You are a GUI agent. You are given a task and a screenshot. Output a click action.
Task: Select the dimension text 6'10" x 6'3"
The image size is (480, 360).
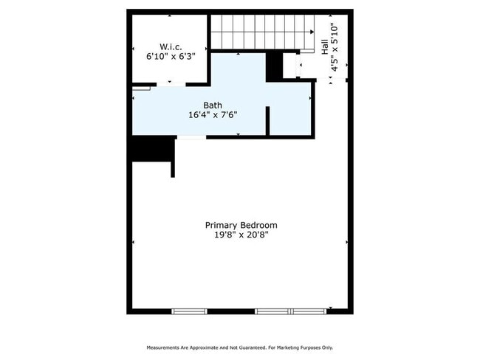[170, 55]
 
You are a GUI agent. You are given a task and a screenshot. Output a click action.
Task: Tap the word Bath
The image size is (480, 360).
[213, 105]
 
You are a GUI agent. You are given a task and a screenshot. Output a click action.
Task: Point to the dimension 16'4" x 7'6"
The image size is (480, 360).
[213, 115]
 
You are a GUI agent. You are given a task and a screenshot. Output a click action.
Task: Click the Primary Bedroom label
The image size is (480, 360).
[241, 225]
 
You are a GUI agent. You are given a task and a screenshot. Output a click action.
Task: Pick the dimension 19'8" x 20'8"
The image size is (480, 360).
[241, 235]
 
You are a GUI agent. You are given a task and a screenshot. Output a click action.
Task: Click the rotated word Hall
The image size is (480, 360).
[325, 46]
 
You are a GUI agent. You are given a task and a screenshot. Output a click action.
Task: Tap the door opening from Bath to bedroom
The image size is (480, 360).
[191, 137]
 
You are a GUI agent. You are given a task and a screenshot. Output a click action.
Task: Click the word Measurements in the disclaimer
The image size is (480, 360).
[166, 347]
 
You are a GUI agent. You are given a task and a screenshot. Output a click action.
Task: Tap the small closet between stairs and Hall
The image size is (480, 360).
[289, 66]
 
